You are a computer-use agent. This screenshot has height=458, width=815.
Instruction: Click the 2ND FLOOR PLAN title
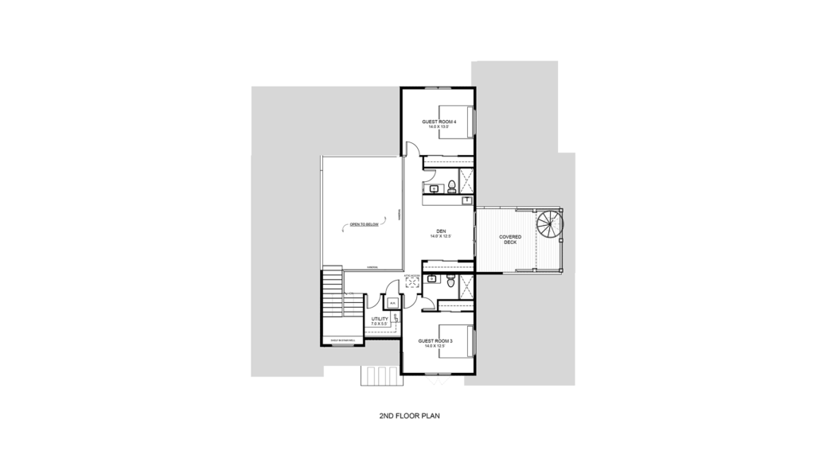point(407,415)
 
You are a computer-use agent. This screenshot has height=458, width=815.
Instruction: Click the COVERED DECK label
point(510,239)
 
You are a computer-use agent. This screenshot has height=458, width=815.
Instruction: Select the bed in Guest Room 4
point(456,121)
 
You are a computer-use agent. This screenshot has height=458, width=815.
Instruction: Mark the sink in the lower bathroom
point(432,279)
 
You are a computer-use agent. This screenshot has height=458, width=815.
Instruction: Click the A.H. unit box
point(392,303)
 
